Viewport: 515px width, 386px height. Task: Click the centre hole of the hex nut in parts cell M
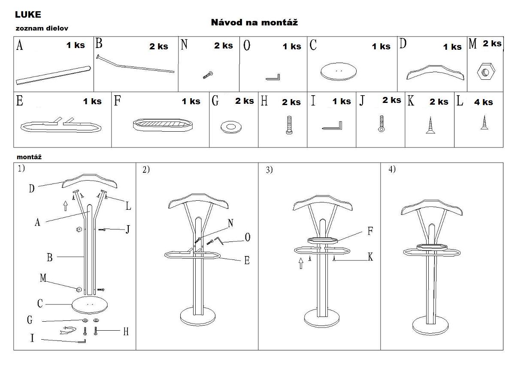pos(486,72)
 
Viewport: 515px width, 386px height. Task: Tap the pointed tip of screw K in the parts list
pos(430,117)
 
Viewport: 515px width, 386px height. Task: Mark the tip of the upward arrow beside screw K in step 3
pos(301,258)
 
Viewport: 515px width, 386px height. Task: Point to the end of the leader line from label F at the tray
pos(337,241)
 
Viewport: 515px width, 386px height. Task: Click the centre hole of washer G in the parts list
pos(231,127)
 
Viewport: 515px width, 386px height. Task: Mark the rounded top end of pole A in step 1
pos(90,205)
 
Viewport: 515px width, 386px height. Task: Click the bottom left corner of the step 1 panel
pos(14,350)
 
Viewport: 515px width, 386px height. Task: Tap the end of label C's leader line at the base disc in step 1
pos(72,305)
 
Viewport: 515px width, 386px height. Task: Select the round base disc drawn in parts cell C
pos(339,72)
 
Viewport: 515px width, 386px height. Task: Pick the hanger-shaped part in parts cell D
pos(435,72)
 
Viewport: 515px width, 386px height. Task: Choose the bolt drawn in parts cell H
pos(289,125)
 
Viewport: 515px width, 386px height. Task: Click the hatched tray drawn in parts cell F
pos(163,125)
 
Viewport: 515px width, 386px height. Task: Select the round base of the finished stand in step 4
pos(430,326)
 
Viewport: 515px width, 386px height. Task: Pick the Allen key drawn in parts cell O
pos(273,77)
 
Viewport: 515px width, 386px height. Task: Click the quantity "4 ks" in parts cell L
pos(483,102)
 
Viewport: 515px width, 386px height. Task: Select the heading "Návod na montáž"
pos(254,22)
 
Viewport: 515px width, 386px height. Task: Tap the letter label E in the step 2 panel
pos(247,260)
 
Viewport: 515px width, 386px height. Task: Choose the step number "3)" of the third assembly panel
pos(270,170)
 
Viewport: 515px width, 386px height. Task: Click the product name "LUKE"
pos(28,15)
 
